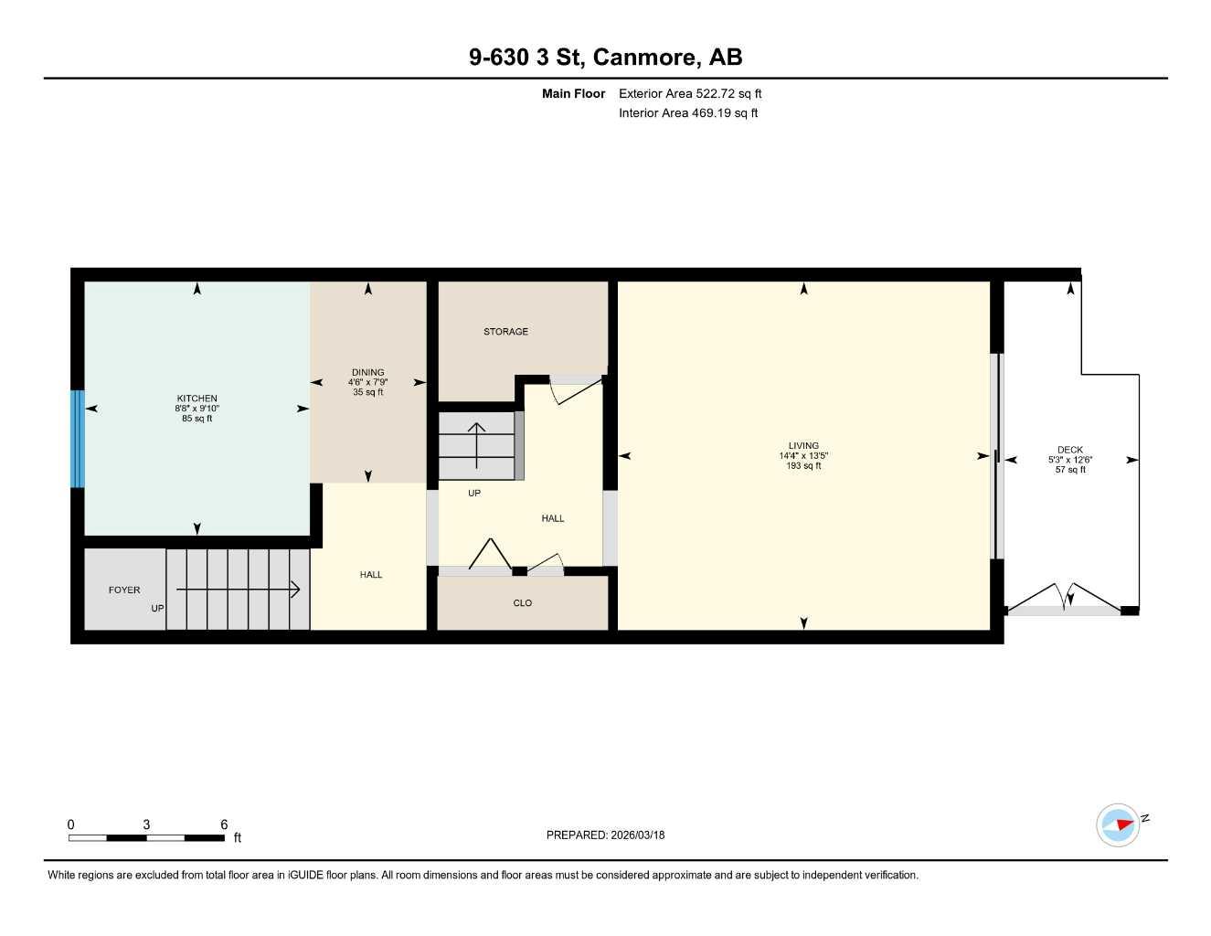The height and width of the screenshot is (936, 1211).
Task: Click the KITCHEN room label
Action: click(x=197, y=399)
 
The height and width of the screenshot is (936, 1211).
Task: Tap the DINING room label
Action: click(x=367, y=372)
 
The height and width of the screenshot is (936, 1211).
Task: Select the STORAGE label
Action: click(x=505, y=332)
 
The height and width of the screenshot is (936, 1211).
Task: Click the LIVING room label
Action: click(x=804, y=446)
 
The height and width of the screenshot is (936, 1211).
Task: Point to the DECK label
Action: click(x=1070, y=450)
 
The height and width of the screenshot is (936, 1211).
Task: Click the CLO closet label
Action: click(x=522, y=603)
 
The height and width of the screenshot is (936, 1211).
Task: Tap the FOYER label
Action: click(x=124, y=590)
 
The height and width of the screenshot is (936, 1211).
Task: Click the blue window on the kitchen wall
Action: click(x=78, y=439)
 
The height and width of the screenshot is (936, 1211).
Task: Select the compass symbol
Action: click(x=1118, y=824)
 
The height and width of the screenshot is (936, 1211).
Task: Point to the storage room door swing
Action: click(x=576, y=389)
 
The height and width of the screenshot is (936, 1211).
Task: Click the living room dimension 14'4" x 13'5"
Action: click(x=804, y=456)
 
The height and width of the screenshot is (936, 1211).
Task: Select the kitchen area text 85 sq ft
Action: click(x=197, y=419)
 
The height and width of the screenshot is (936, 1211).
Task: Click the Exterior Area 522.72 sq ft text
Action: click(x=690, y=93)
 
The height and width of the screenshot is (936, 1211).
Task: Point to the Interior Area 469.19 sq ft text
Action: click(x=688, y=113)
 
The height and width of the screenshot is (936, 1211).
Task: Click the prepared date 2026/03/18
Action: click(x=605, y=835)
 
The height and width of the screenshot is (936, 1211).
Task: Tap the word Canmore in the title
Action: click(x=647, y=57)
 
